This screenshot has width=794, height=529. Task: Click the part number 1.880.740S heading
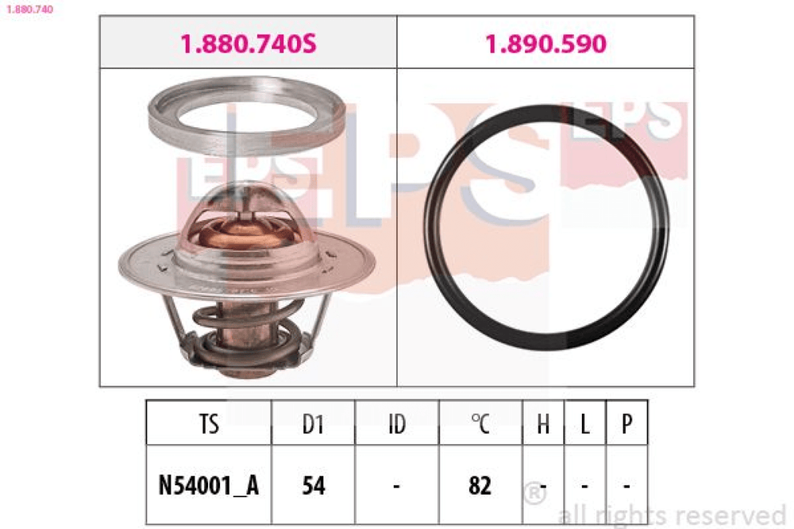pos(248,44)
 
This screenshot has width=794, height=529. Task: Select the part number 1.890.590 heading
pos(545,44)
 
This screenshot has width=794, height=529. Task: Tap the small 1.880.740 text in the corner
pos(29,9)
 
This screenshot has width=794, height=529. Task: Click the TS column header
pos(209,423)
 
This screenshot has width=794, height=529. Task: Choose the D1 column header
pos(313,423)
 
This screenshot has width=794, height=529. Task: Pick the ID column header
pos(397,423)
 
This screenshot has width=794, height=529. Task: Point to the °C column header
pos(480,423)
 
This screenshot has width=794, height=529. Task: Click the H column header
pos(543,423)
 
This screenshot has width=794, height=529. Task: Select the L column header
pos(585,423)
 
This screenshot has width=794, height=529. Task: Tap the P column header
pos(627,423)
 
